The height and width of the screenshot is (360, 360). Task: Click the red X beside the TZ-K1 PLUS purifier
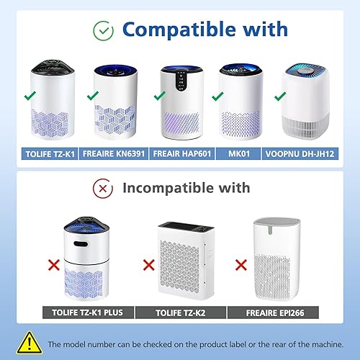point(53,266)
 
